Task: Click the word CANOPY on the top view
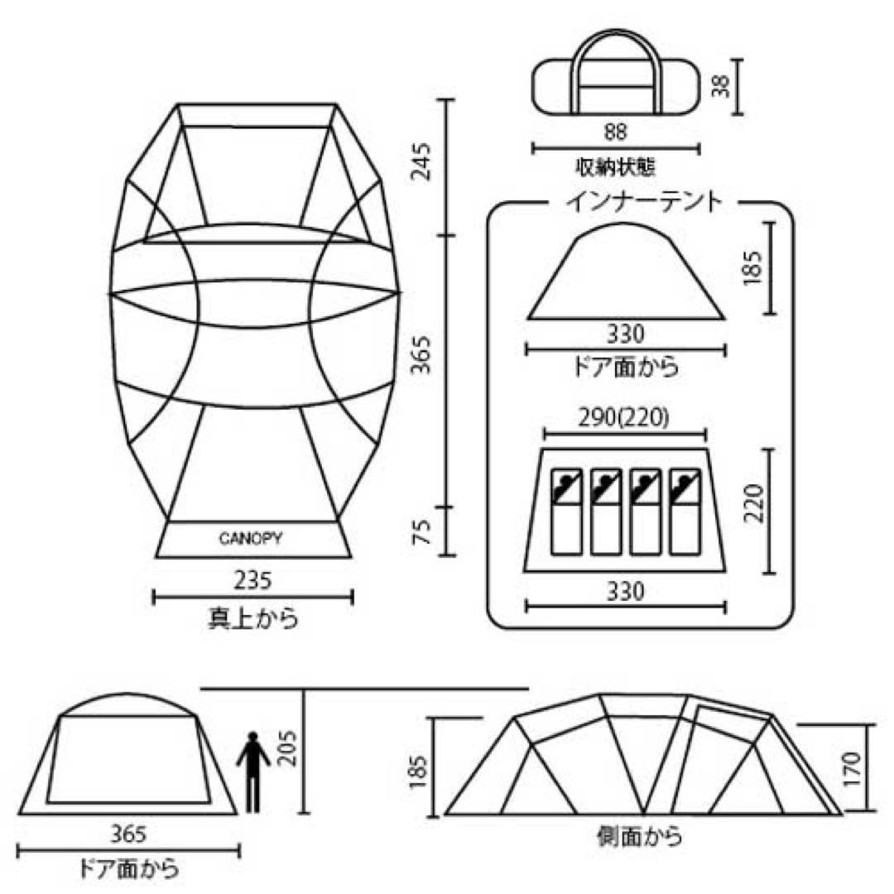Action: [x=251, y=539]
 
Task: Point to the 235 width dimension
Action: [x=252, y=581]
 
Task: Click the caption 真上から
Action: [x=252, y=619]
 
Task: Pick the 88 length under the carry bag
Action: [x=616, y=132]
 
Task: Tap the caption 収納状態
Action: [x=616, y=167]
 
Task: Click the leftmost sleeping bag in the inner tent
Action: [x=565, y=512]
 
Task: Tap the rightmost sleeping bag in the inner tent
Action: [x=685, y=512]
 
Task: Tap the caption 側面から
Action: [x=639, y=837]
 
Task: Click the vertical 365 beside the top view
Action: [x=423, y=353]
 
